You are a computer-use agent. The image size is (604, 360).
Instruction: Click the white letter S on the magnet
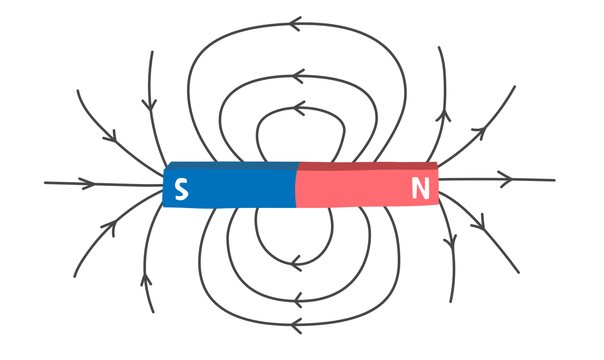coord(181,189)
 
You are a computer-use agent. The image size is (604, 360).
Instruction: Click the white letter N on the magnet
coord(421,188)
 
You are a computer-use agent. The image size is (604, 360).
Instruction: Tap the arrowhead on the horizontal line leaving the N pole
coord(507,179)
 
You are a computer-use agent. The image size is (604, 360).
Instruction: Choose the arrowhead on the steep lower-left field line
coord(145,279)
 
